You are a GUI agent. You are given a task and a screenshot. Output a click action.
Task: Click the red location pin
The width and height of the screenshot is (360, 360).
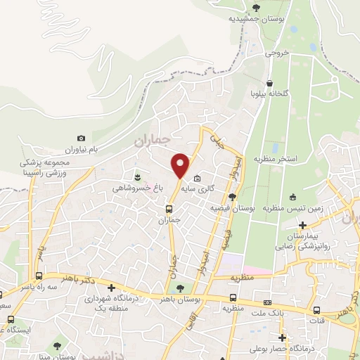click(x=180, y=165)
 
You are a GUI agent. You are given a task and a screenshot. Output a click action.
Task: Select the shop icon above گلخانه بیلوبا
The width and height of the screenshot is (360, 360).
click(x=270, y=82)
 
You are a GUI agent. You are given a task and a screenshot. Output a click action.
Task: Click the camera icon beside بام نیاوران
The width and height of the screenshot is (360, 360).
click(x=81, y=139)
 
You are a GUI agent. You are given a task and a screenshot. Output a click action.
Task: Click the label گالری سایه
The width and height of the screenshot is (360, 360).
click(x=198, y=189)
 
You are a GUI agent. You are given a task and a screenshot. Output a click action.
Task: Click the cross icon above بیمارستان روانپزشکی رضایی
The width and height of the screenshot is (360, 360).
click(x=303, y=226)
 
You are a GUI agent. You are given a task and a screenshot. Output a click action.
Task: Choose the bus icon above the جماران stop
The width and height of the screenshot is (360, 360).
click(x=168, y=209)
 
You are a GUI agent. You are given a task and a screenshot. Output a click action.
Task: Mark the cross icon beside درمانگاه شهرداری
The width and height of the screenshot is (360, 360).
click(x=112, y=287)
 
